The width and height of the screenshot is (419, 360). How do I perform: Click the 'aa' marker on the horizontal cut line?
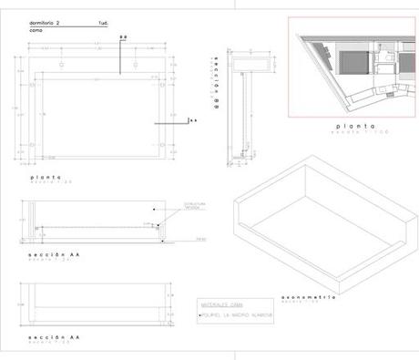192,119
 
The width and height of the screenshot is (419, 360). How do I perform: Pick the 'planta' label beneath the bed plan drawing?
45,177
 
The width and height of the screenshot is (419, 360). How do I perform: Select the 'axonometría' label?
311,297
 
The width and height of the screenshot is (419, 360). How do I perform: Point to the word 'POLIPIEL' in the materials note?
216,315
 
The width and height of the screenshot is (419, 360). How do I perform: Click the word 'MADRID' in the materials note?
246,315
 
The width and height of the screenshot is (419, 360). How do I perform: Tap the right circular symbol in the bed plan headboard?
136,66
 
